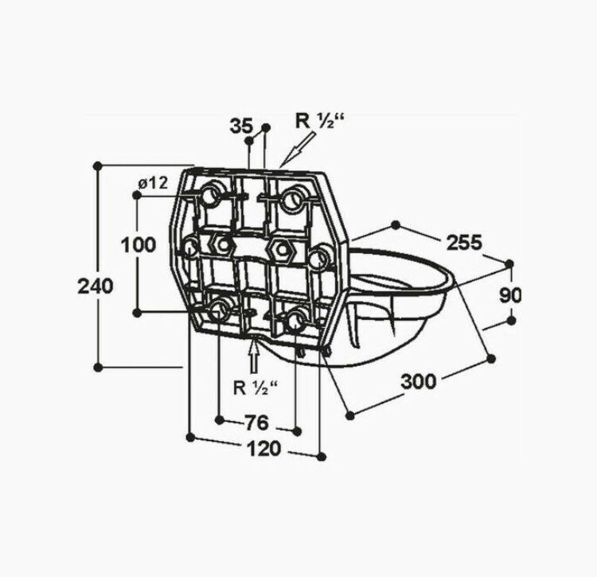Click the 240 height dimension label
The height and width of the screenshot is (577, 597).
[96, 286]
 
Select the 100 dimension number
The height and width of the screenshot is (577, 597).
[139, 245]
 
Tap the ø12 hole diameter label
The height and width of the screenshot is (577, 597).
[153, 184]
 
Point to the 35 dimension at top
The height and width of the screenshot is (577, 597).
[241, 125]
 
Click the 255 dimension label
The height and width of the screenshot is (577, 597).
[464, 242]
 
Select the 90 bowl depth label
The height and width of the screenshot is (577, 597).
[510, 295]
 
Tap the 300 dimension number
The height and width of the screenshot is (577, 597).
[419, 381]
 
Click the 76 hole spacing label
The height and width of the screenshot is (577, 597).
[256, 423]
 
